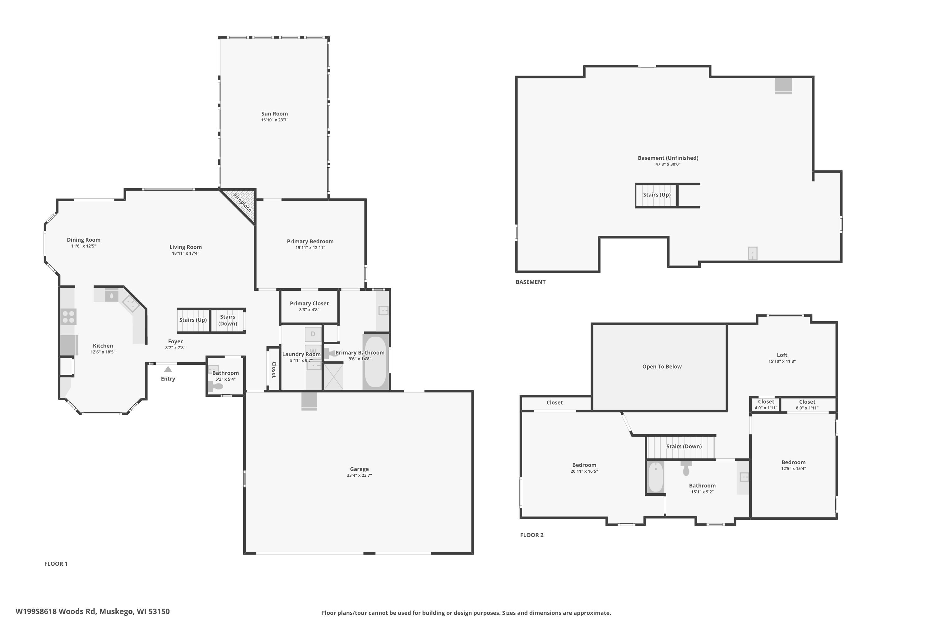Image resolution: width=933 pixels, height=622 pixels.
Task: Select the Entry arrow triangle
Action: (168, 369)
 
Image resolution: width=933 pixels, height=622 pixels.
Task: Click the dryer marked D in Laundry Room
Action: (313, 334)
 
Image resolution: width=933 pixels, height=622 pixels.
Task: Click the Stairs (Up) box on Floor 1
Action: (193, 320)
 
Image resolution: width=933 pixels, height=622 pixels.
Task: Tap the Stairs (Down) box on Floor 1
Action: (228, 320)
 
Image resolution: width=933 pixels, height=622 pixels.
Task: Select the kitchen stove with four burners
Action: (68, 317)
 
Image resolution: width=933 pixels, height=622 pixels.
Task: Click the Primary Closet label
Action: (309, 304)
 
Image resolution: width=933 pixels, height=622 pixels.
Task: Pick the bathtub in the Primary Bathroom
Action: (375, 362)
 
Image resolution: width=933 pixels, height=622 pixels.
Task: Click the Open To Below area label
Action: (662, 367)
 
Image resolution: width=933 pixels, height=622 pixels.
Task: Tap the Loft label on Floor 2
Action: (782, 355)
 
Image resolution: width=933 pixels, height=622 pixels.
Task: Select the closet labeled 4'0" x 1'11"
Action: (766, 405)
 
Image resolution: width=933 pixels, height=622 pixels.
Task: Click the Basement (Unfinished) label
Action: (668, 158)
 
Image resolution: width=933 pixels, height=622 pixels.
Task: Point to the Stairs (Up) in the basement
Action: (657, 195)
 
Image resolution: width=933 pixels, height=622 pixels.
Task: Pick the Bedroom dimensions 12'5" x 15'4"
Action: (793, 468)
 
